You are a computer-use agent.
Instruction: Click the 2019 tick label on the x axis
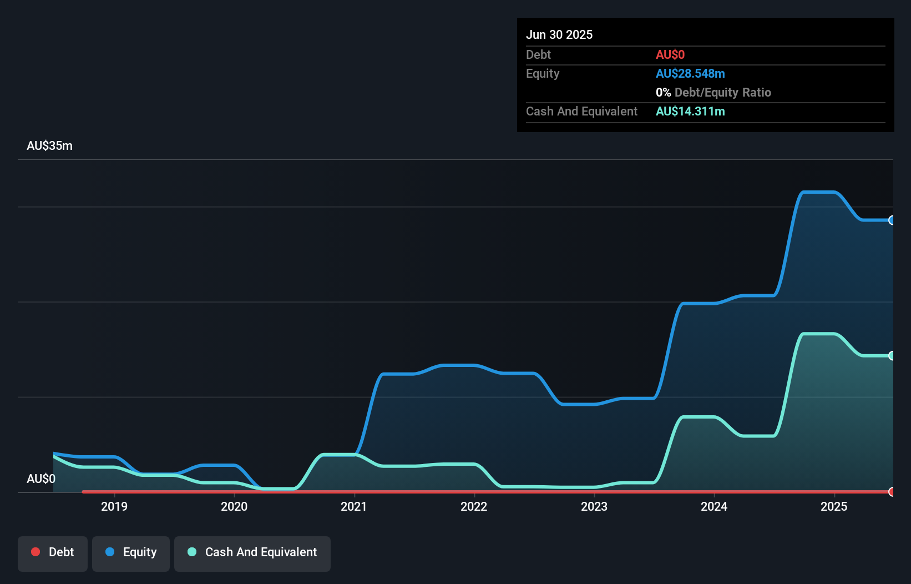pyautogui.click(x=114, y=506)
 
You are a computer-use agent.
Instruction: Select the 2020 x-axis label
pyautogui.click(x=234, y=506)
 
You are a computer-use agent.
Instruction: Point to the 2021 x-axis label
pyautogui.click(x=354, y=506)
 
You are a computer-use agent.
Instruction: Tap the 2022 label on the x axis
pyautogui.click(x=474, y=506)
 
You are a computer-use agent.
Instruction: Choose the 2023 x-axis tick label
pyautogui.click(x=594, y=506)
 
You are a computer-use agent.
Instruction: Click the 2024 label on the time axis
pyautogui.click(x=714, y=506)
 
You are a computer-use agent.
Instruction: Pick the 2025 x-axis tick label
pyautogui.click(x=834, y=506)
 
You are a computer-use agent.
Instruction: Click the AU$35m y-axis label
pyautogui.click(x=49, y=145)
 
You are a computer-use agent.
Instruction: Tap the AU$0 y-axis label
pyautogui.click(x=41, y=479)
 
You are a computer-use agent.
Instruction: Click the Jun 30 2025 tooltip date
pyautogui.click(x=559, y=34)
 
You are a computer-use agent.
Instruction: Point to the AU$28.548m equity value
pyautogui.click(x=690, y=73)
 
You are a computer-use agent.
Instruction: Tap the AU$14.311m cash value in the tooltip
pyautogui.click(x=690, y=111)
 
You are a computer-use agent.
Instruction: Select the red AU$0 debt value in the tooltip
pyautogui.click(x=670, y=54)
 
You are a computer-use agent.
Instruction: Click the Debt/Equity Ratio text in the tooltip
pyautogui.click(x=722, y=92)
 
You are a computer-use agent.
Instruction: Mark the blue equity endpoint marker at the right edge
pyautogui.click(x=892, y=220)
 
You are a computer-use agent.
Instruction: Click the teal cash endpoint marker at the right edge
pyautogui.click(x=892, y=356)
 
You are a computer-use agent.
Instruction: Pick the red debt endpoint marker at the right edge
pyautogui.click(x=892, y=492)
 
